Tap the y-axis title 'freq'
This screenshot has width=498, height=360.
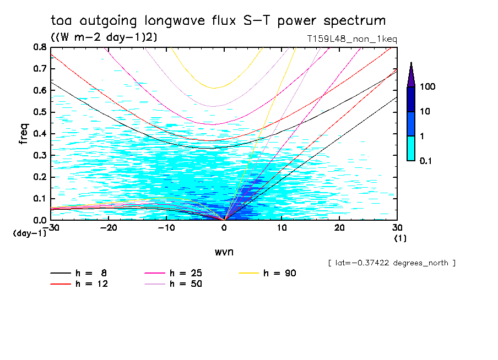(24, 134)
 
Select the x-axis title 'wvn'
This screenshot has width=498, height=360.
(224, 251)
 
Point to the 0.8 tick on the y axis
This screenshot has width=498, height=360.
(39, 47)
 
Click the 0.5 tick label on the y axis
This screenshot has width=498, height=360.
(39, 112)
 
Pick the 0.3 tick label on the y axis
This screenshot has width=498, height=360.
(39, 155)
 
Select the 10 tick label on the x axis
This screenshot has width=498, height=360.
(282, 228)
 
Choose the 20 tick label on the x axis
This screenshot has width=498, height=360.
(340, 228)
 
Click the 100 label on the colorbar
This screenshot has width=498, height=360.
(428, 88)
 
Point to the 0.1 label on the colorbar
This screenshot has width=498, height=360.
(428, 161)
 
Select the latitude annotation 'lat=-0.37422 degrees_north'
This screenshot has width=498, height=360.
(391, 263)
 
